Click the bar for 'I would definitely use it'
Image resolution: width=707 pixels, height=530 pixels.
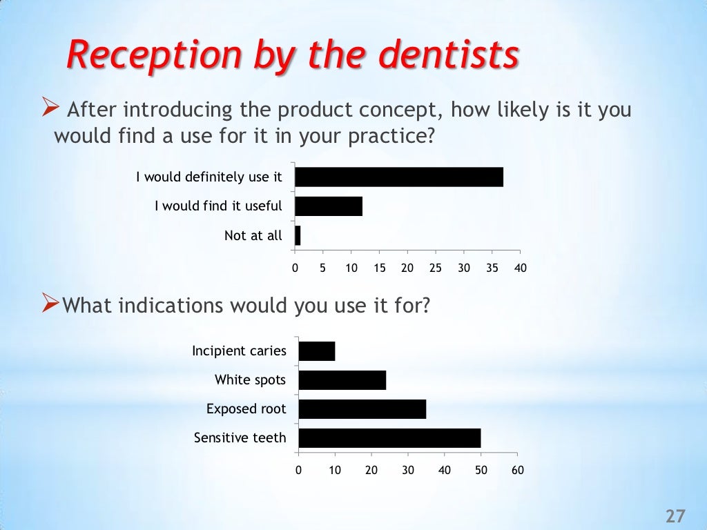399,177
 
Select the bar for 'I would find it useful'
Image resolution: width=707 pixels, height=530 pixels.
329,206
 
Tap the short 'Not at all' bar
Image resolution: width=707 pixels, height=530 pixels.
298,236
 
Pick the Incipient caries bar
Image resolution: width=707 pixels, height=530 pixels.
317,351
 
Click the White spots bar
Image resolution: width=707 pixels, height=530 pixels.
342,380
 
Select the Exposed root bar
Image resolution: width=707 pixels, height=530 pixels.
362,409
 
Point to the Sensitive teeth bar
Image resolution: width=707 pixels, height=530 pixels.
389,438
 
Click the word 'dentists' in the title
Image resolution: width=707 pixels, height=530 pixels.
450,56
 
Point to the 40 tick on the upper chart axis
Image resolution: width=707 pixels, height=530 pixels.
520,268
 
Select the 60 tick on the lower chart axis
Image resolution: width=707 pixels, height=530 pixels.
517,471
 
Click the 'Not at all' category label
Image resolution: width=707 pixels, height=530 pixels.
253,236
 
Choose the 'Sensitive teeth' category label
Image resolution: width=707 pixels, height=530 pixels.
240,438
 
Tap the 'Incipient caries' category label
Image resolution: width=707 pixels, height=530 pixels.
239,351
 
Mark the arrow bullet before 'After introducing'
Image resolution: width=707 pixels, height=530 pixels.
49,108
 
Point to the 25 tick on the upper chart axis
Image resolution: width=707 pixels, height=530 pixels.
436,268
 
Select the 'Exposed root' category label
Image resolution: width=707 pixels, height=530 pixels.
246,409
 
